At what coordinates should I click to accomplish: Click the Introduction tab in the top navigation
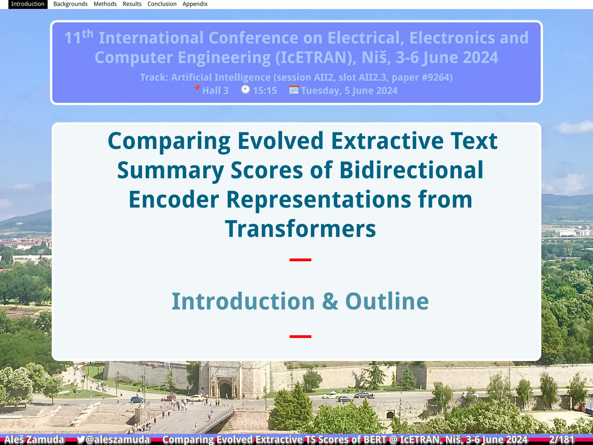click(28, 4)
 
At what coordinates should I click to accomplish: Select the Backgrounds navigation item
click(70, 4)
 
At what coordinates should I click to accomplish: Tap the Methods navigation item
click(105, 4)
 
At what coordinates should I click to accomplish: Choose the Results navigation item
click(132, 4)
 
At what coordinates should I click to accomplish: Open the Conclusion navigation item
click(162, 4)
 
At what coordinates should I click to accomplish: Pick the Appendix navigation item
click(195, 4)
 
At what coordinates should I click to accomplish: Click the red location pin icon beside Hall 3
click(197, 89)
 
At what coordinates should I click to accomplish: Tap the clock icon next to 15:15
click(246, 90)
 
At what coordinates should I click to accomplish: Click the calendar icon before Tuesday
click(294, 90)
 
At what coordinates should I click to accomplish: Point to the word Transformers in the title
click(300, 229)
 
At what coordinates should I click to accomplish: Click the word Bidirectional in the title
click(411, 170)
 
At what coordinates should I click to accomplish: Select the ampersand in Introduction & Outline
click(330, 301)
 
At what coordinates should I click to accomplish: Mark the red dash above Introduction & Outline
click(300, 260)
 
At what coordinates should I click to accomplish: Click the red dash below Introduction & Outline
click(300, 336)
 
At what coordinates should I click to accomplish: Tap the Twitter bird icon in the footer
click(81, 439)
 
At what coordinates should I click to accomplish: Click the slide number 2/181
click(562, 439)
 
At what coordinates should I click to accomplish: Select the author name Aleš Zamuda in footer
click(34, 439)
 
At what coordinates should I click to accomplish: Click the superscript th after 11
click(87, 34)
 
